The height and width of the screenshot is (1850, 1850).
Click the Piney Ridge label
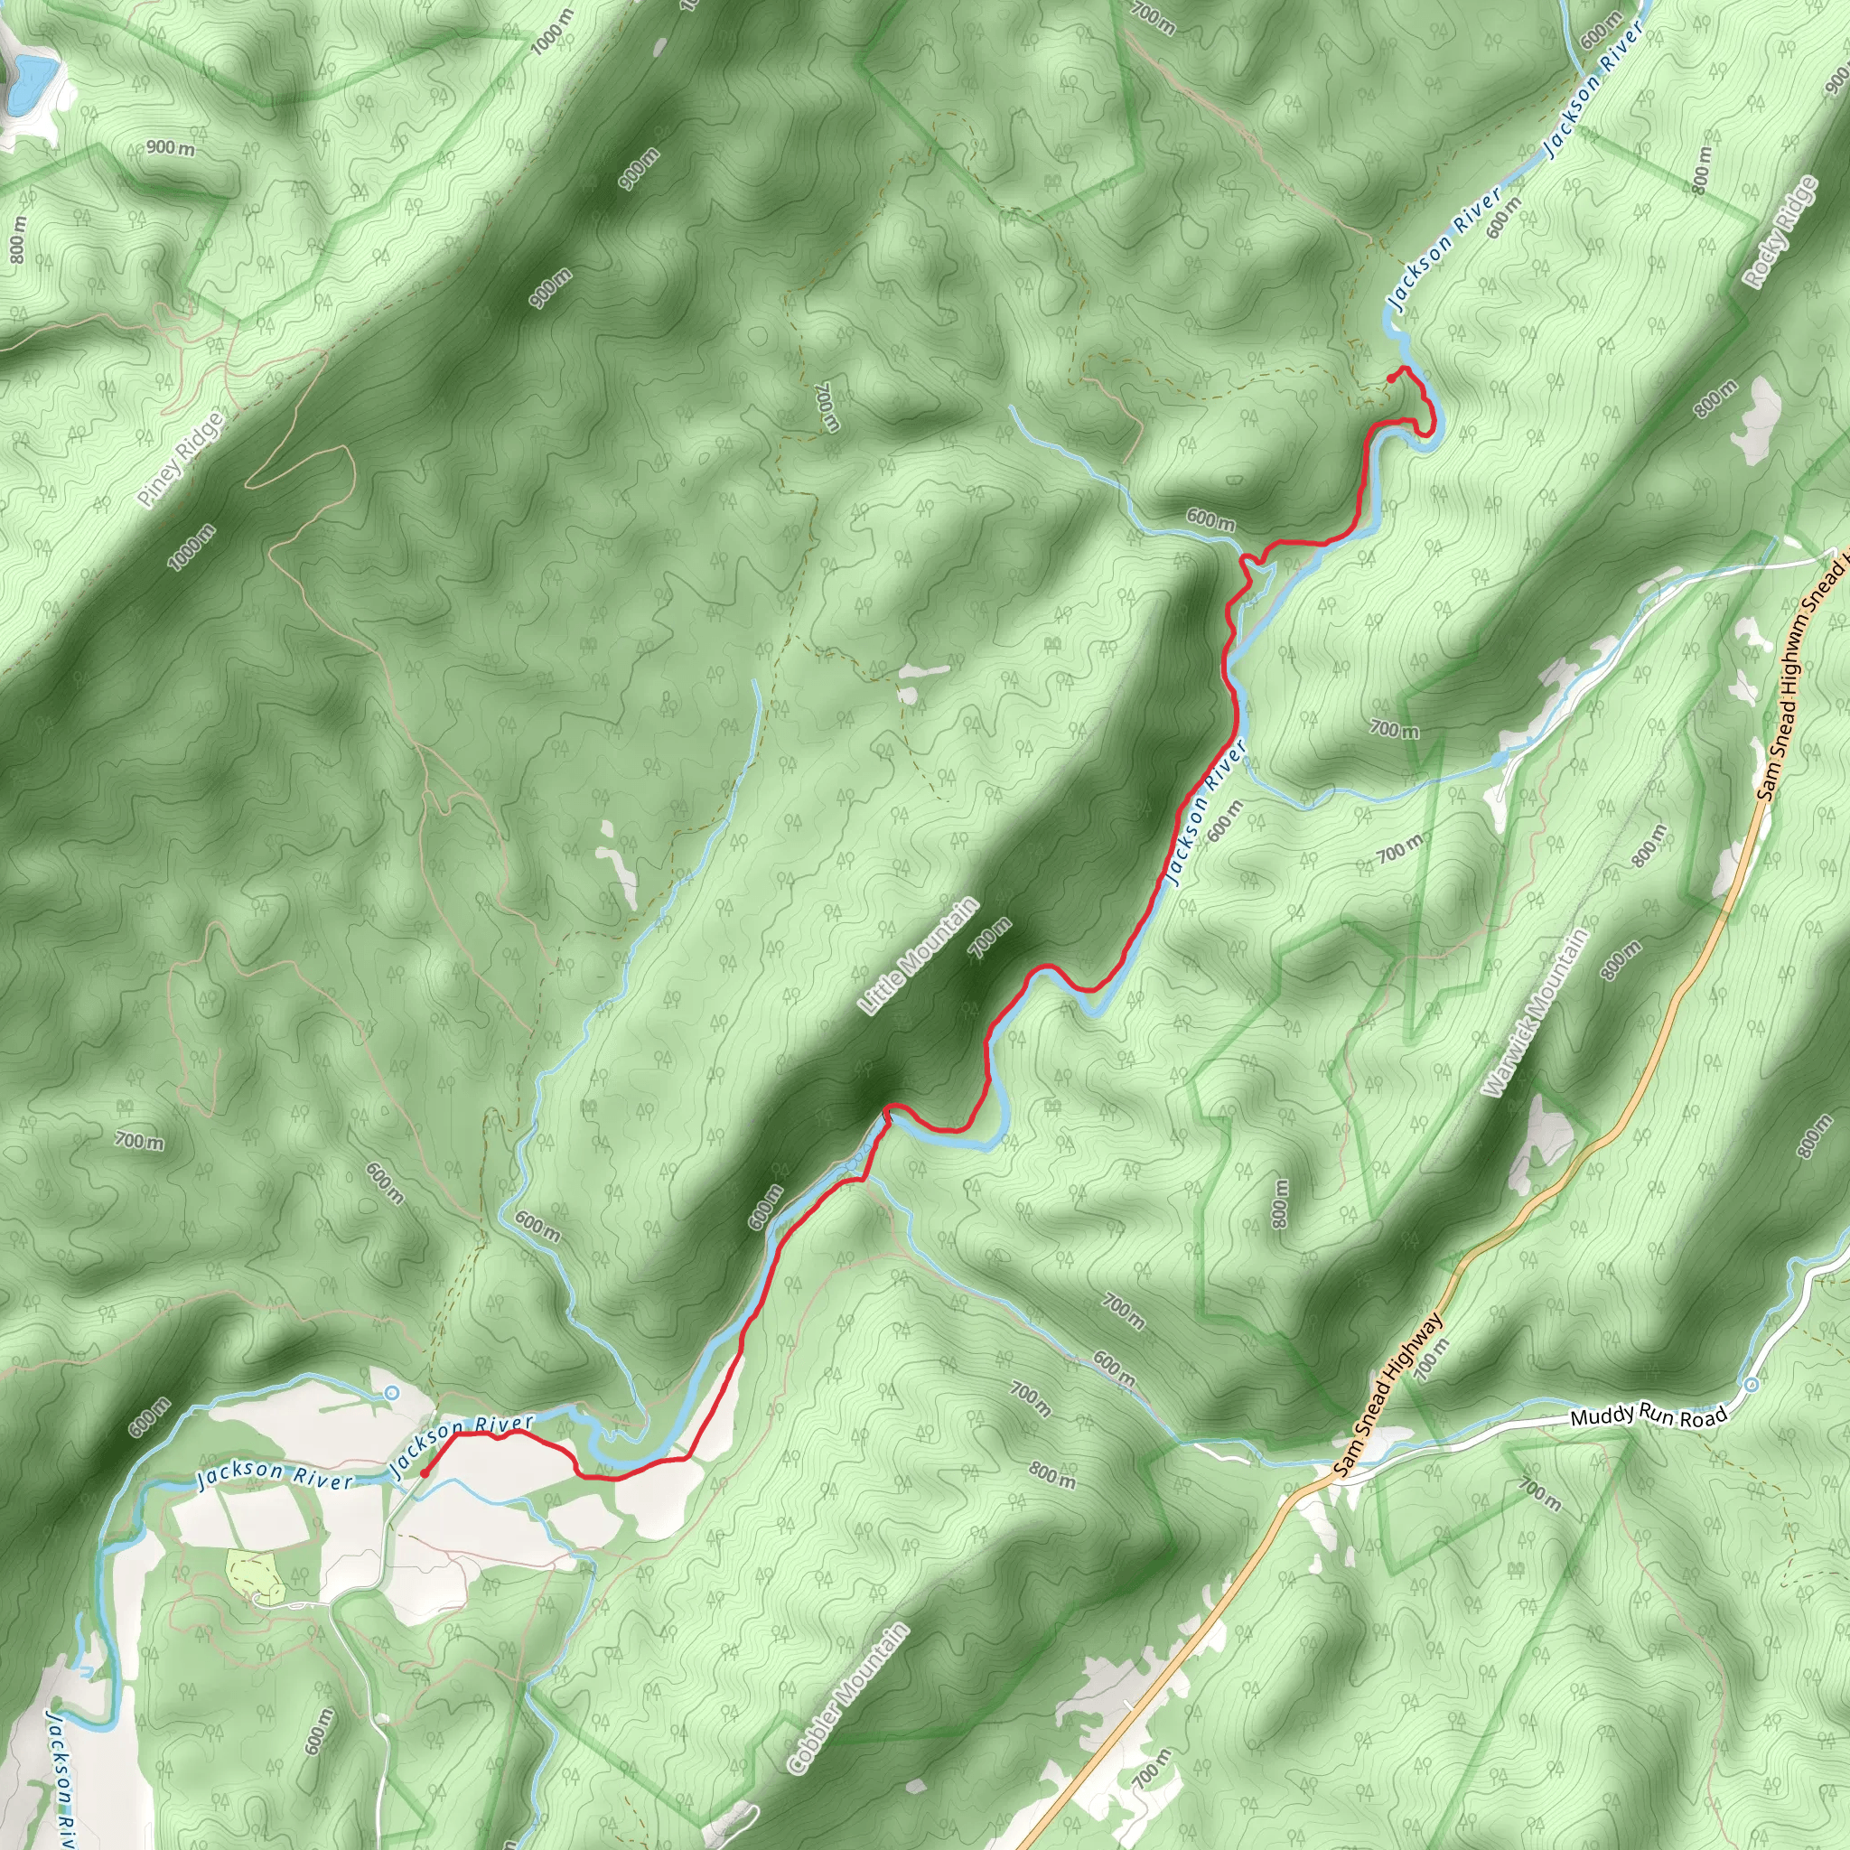(x=180, y=460)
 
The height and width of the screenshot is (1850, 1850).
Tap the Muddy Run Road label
(x=1649, y=1416)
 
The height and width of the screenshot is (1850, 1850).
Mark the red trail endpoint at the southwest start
(x=425, y=1473)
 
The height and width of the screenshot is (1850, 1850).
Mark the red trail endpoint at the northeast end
(x=1390, y=379)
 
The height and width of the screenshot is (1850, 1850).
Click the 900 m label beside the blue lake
(x=171, y=148)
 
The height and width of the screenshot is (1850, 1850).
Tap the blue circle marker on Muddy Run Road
(x=1752, y=1385)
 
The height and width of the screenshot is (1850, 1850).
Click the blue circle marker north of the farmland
(x=388, y=1393)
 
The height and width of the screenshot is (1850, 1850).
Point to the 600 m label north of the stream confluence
(x=1210, y=520)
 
